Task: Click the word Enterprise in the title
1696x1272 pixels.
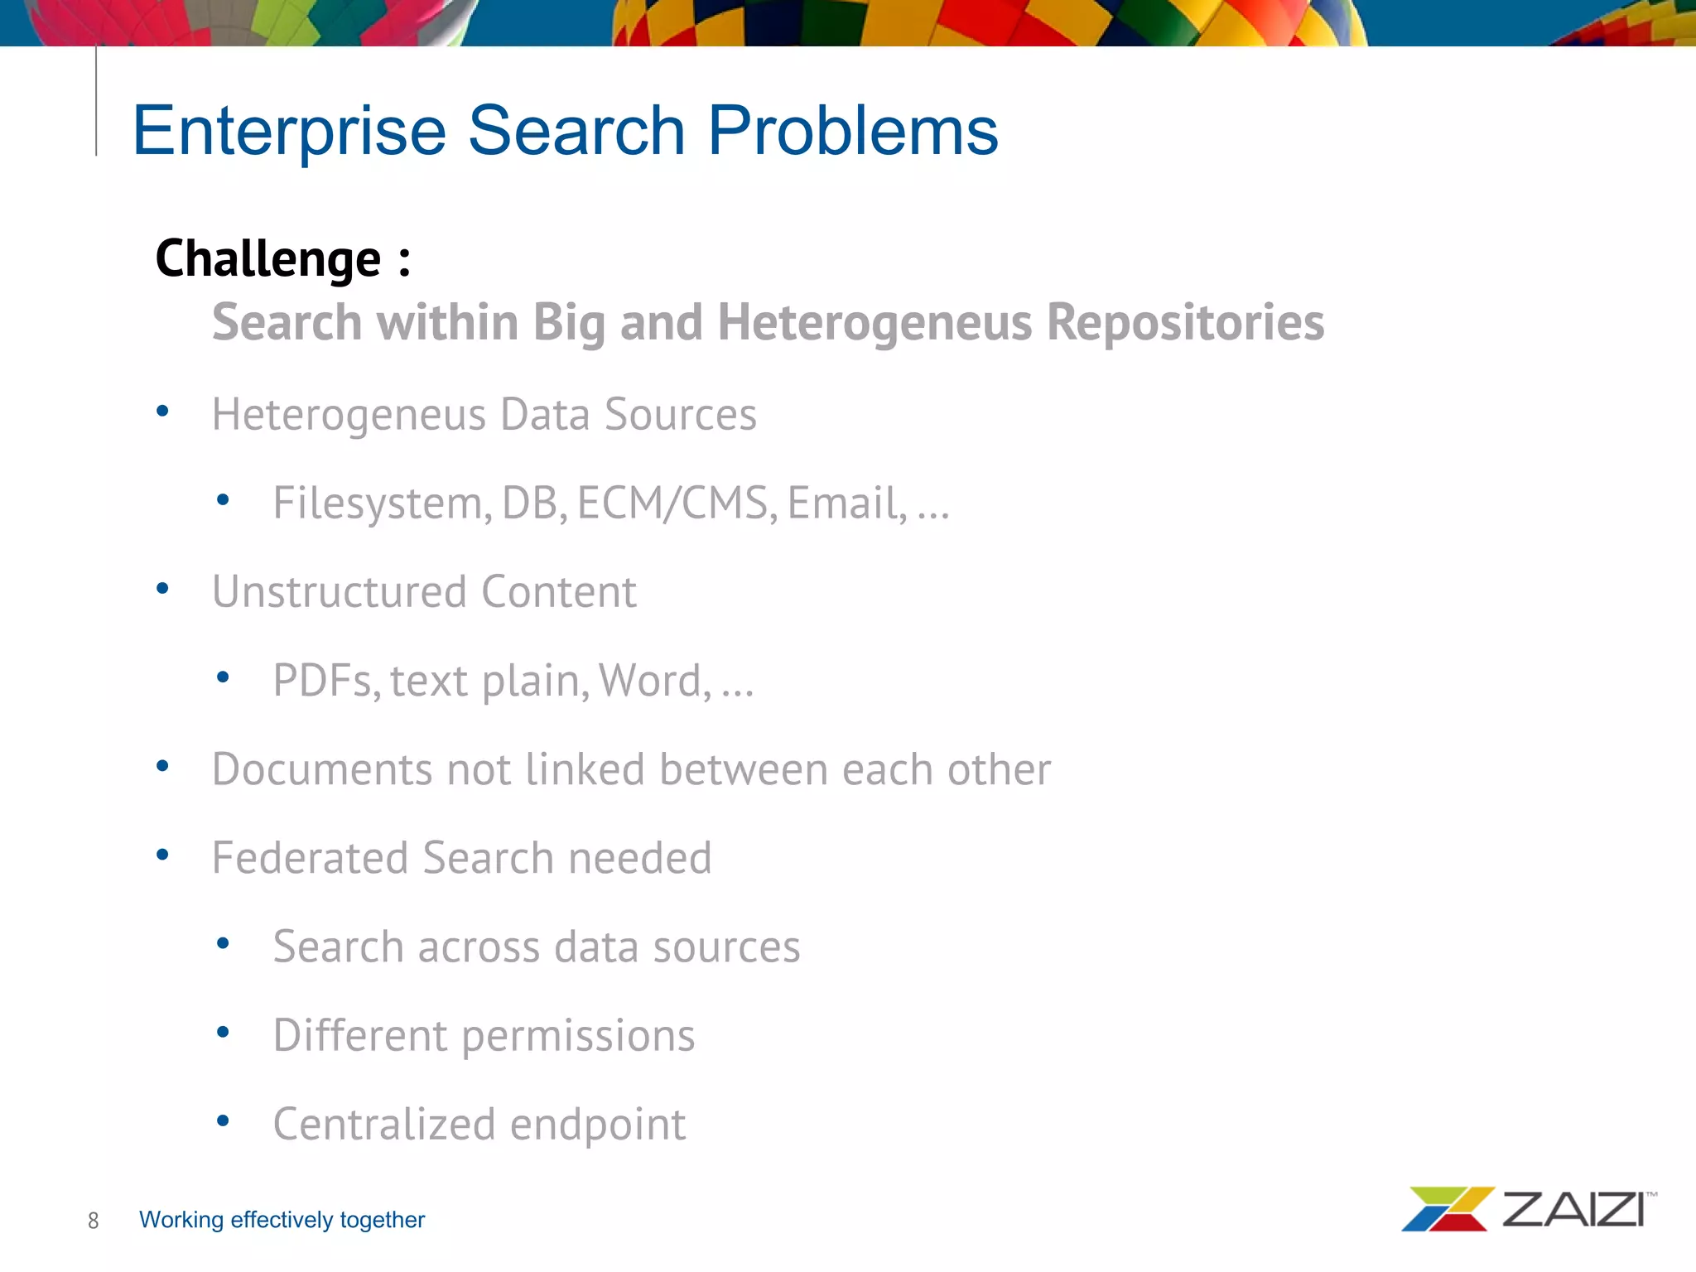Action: [290, 131]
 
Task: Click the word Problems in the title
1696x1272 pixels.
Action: [853, 131]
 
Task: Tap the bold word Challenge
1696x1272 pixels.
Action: [268, 259]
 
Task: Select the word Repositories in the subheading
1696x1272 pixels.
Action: [1185, 322]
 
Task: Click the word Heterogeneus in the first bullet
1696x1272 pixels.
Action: [349, 415]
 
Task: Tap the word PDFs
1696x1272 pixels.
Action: [326, 681]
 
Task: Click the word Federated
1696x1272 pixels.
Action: [310, 858]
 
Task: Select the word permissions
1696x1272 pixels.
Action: [578, 1036]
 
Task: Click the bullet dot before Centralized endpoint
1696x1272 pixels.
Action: [222, 1121]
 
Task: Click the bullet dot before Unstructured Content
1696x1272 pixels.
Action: [162, 589]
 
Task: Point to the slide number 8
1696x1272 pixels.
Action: [94, 1221]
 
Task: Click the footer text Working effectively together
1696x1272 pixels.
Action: [282, 1220]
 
